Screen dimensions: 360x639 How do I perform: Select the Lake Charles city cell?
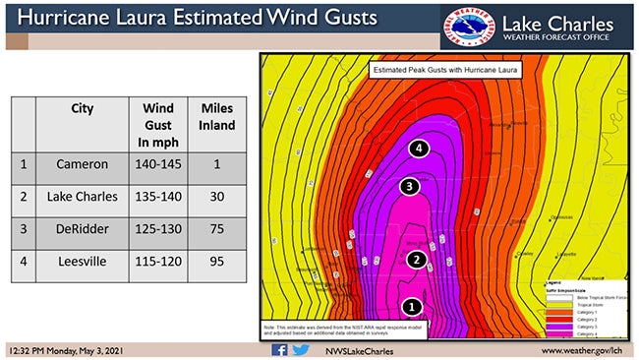click(83, 197)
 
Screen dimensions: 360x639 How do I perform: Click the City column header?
click(83, 108)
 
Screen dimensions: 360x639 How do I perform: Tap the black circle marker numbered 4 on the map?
click(420, 149)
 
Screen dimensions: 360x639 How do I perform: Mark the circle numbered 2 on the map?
click(417, 260)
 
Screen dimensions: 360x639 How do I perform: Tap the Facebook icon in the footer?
click(279, 349)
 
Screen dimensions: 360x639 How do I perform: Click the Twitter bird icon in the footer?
click(301, 349)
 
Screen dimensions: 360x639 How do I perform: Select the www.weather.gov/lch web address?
click(584, 350)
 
